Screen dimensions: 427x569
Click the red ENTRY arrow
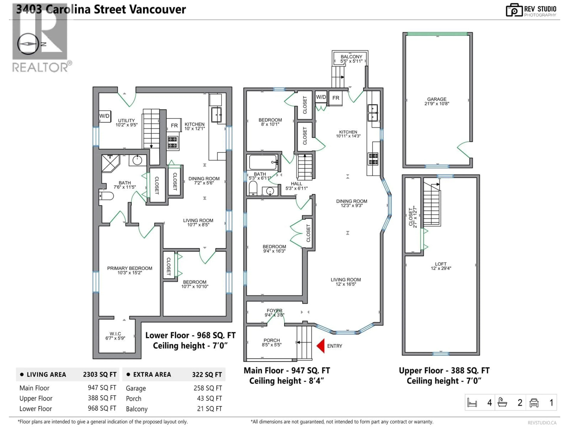pyautogui.click(x=321, y=346)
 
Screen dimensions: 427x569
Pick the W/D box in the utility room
pyautogui.click(x=104, y=116)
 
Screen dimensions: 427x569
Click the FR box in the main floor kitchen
pyautogui.click(x=335, y=98)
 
